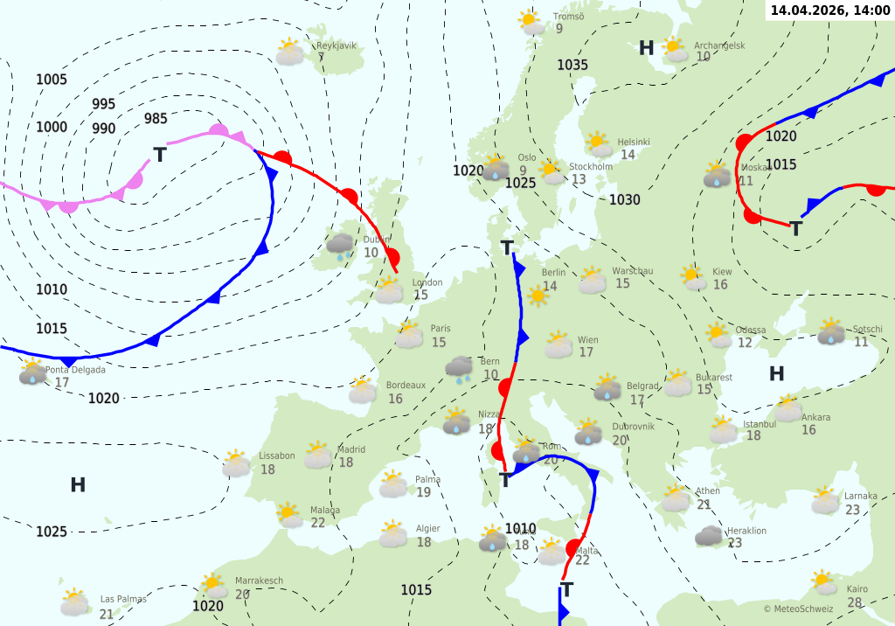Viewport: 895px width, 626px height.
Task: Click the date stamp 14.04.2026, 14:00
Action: (x=830, y=10)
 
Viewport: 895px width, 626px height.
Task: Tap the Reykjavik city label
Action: (x=336, y=45)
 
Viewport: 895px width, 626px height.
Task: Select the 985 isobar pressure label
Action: (x=156, y=119)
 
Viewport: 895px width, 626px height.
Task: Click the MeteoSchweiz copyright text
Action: (x=798, y=609)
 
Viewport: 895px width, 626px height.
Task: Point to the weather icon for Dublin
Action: (x=341, y=246)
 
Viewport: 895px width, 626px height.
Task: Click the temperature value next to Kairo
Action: (x=855, y=602)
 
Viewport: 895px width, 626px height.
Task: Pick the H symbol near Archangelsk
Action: (x=647, y=48)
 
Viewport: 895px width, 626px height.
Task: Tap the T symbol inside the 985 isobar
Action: (x=160, y=156)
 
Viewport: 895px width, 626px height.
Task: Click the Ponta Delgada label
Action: (x=75, y=370)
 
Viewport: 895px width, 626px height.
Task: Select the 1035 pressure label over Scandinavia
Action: (x=572, y=65)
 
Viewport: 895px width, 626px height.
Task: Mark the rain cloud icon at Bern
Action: (x=459, y=369)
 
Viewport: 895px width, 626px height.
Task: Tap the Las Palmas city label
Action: (x=123, y=599)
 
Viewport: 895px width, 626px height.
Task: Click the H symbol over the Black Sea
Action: (x=776, y=374)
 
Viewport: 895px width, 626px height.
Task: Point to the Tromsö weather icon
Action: (x=531, y=22)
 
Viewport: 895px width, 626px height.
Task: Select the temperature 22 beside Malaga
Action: (x=317, y=523)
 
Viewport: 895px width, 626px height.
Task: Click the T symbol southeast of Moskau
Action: (x=796, y=229)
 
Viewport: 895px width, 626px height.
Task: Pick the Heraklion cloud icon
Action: (x=709, y=536)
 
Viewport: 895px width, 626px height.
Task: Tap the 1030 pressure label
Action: (x=624, y=200)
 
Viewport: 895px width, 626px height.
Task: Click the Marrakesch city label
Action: (x=259, y=581)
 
